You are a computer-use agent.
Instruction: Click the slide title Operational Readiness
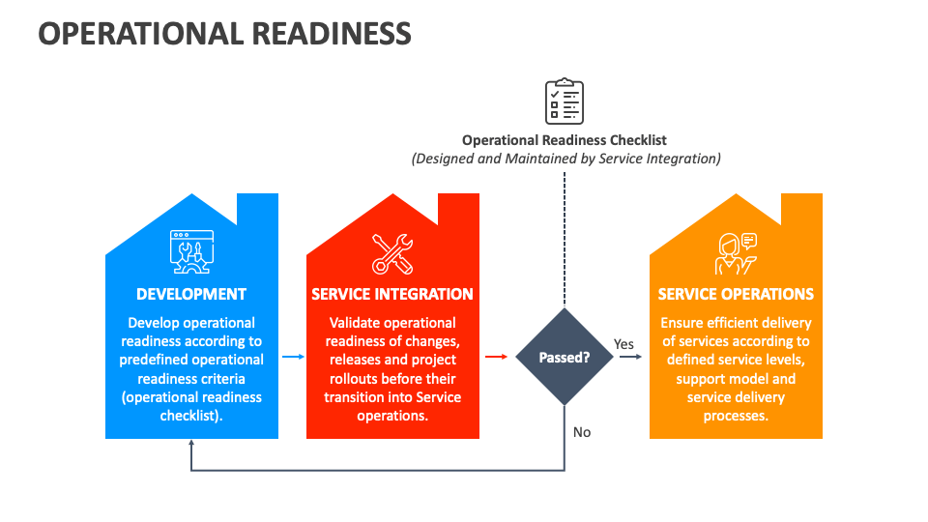(x=224, y=33)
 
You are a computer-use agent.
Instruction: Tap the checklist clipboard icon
(x=564, y=101)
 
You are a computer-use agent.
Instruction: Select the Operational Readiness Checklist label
(x=564, y=140)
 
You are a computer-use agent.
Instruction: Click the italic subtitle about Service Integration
(x=565, y=159)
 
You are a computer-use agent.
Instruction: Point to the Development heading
(x=191, y=294)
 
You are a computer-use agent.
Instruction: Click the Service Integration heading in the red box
(x=392, y=294)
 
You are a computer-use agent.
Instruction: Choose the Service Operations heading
(x=736, y=294)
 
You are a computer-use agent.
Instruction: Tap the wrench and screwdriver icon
(x=392, y=253)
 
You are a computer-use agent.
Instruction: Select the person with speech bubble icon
(x=736, y=253)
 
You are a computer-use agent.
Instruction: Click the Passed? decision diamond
(x=564, y=357)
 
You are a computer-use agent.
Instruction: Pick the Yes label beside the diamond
(x=623, y=344)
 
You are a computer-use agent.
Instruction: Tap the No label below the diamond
(x=581, y=432)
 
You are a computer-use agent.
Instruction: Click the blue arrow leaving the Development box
(x=293, y=357)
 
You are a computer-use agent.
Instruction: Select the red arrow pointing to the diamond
(x=495, y=357)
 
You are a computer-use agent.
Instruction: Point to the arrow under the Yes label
(x=629, y=357)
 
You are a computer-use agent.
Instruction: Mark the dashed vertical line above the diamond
(x=564, y=242)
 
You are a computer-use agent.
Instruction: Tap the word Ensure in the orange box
(x=684, y=323)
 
